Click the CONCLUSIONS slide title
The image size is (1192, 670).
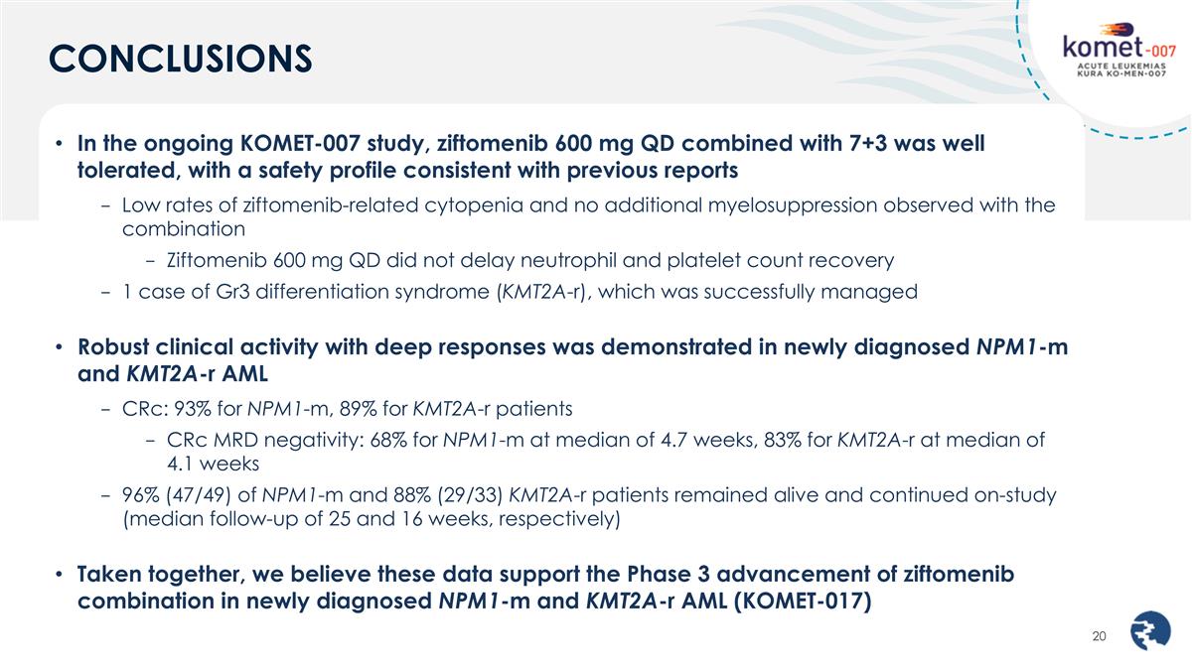click(181, 58)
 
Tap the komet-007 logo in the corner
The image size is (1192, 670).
click(1123, 54)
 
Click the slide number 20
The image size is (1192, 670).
click(1099, 636)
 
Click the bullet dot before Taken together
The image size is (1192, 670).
click(59, 576)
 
